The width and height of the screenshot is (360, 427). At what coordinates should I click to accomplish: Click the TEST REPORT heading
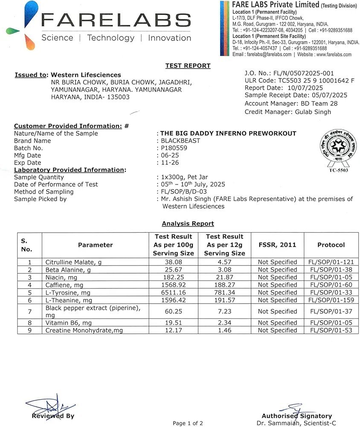pyautogui.click(x=188, y=66)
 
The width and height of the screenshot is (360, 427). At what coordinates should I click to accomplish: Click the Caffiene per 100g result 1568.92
pyautogui.click(x=173, y=285)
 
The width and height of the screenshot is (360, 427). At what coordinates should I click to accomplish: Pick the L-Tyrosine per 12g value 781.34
pyautogui.click(x=226, y=292)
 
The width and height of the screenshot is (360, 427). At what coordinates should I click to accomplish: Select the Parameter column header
pyautogui.click(x=95, y=245)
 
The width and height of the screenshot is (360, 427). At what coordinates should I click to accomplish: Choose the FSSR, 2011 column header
pyautogui.click(x=277, y=245)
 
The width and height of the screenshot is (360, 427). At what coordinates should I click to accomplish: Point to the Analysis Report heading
pyautogui.click(x=188, y=224)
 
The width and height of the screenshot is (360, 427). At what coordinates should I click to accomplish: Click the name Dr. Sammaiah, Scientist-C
pyautogui.click(x=296, y=423)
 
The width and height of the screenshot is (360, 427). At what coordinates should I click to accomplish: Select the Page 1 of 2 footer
pyautogui.click(x=188, y=423)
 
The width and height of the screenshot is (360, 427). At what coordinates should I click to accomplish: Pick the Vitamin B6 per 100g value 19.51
pyautogui.click(x=173, y=323)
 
